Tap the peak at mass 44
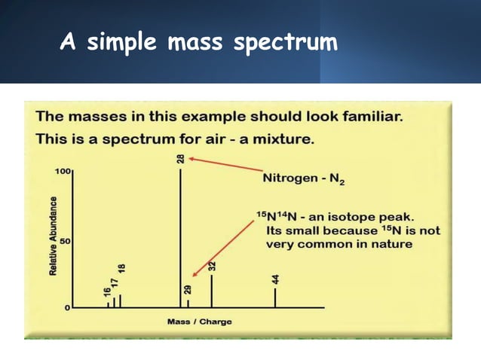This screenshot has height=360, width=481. pyautogui.click(x=275, y=297)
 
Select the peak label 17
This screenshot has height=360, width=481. pyautogui.click(x=115, y=285)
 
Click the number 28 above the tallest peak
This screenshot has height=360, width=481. pyautogui.click(x=181, y=159)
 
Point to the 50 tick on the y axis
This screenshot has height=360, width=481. pyautogui.click(x=66, y=241)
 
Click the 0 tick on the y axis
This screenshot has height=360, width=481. pyautogui.click(x=68, y=308)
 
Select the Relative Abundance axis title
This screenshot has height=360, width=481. pyautogui.click(x=54, y=236)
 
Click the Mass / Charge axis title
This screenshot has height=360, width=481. pyautogui.click(x=199, y=322)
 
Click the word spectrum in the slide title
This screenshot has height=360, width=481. pyautogui.click(x=285, y=43)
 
